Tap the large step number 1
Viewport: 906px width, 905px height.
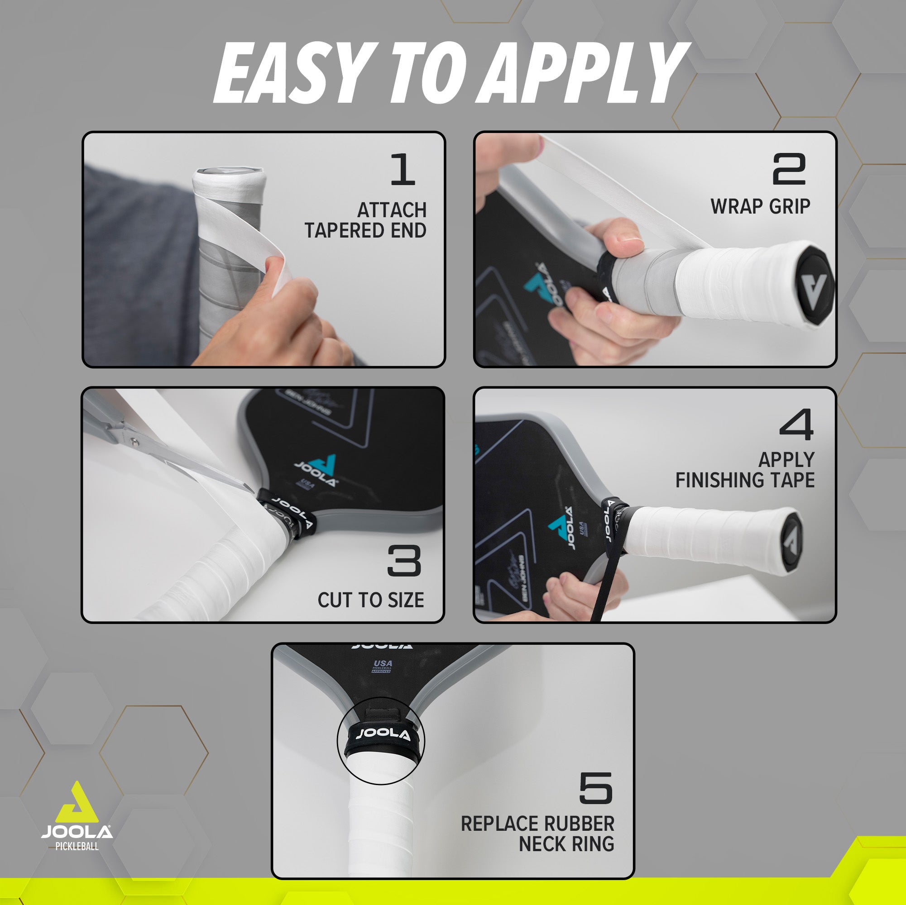[x=403, y=169]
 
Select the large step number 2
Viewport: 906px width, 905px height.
[x=789, y=169]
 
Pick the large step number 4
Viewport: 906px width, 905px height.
[x=796, y=424]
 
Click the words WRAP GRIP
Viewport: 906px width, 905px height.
[x=760, y=207]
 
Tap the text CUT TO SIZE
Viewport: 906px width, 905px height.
[x=370, y=600]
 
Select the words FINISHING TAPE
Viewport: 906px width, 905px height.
[x=745, y=481]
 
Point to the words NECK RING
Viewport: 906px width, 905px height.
[x=566, y=844]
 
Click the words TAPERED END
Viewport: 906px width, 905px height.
[x=365, y=231]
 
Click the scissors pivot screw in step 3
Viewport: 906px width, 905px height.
[x=134, y=441]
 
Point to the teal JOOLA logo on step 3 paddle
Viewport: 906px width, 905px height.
[x=319, y=471]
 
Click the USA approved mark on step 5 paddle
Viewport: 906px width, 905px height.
[x=382, y=666]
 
